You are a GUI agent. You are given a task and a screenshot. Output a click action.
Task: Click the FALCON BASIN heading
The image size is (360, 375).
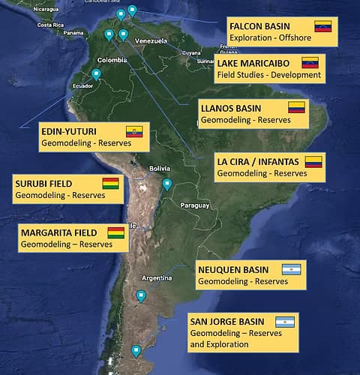259,25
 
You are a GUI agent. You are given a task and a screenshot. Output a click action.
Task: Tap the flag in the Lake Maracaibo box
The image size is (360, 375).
310,63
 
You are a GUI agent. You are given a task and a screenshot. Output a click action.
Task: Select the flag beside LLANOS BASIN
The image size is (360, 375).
297,107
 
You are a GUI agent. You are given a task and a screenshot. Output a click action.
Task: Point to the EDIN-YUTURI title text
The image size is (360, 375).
73,131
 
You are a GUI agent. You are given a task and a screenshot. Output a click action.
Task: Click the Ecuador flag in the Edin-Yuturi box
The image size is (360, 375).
134,131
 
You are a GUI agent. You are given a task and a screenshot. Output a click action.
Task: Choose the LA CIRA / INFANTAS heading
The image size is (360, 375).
257,161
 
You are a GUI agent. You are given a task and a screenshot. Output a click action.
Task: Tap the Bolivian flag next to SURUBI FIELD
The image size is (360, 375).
110,183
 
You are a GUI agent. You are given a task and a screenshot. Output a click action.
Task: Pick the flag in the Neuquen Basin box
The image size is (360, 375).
291,269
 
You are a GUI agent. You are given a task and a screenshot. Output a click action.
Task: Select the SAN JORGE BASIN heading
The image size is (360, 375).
227,322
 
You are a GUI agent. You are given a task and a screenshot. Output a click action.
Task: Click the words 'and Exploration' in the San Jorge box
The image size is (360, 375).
219,344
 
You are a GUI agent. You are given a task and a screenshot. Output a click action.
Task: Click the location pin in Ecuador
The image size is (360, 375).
96,74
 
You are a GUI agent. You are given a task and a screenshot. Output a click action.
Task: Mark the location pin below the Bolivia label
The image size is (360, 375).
167,184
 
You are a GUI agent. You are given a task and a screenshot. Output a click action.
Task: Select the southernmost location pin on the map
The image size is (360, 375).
136,350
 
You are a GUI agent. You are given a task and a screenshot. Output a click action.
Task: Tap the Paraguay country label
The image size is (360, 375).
193,205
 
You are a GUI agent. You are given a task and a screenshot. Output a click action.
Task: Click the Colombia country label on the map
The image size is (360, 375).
112,59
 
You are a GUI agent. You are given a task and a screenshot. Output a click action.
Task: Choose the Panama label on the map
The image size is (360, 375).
73,33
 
